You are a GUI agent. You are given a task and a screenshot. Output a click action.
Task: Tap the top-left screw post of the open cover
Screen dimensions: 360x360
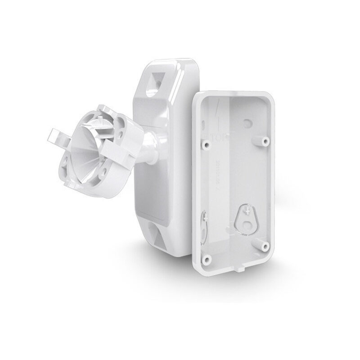[207, 144]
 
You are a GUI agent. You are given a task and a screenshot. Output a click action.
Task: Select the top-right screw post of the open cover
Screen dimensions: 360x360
[265, 141]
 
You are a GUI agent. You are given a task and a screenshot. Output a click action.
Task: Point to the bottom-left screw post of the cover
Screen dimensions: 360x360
[207, 260]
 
